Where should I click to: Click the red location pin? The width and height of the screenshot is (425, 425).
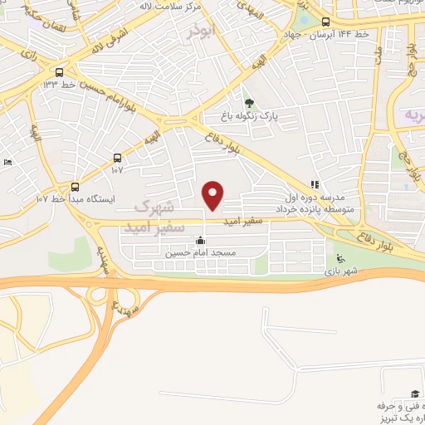click(213, 195)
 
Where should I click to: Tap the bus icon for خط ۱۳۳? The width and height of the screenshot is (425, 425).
click(59, 72)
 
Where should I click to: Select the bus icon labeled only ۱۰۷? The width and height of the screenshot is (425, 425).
click(116, 158)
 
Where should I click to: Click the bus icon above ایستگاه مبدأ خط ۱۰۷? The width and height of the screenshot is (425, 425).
click(75, 187)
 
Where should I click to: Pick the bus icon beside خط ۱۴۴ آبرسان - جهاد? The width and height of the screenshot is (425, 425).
click(325, 22)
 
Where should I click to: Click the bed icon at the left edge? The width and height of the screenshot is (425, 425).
click(7, 162)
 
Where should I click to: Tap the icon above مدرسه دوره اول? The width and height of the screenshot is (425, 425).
click(314, 185)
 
